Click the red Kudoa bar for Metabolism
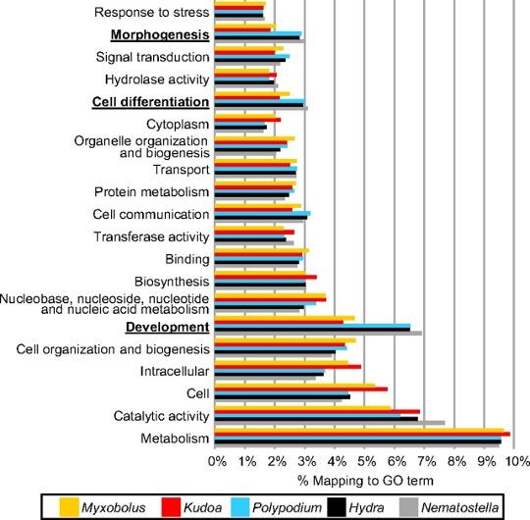click(x=362, y=435)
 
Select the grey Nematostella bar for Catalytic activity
click(x=330, y=423)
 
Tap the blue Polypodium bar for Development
click(x=312, y=326)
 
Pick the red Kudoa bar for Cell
click(x=301, y=390)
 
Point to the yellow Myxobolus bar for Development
click(x=285, y=318)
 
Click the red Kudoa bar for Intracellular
click(x=288, y=367)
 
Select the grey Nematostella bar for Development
click(x=318, y=334)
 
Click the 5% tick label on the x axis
click(x=366, y=461)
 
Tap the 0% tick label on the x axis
click(x=217, y=461)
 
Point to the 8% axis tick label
click(x=456, y=461)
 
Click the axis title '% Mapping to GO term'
click(x=365, y=481)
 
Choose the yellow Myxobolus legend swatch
click(x=70, y=507)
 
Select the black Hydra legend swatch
click(x=337, y=507)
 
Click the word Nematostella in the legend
click(x=459, y=507)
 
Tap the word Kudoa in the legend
click(x=202, y=507)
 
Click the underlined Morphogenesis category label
click(x=160, y=34)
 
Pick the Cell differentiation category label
click(x=150, y=102)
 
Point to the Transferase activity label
click(x=151, y=236)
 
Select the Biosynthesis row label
click(x=172, y=282)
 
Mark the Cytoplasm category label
click(x=178, y=125)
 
